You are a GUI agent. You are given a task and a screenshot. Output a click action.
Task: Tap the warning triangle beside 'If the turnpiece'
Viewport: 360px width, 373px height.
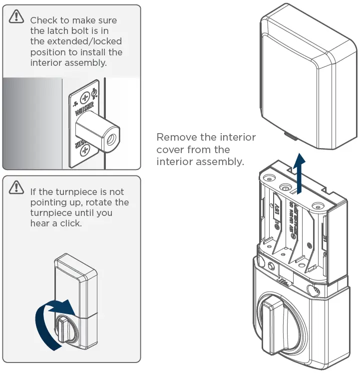click(x=16, y=187)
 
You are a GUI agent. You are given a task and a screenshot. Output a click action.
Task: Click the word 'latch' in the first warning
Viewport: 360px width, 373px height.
click(x=58, y=31)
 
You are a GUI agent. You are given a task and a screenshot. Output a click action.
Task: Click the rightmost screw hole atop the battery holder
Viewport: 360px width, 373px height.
click(x=315, y=204)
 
